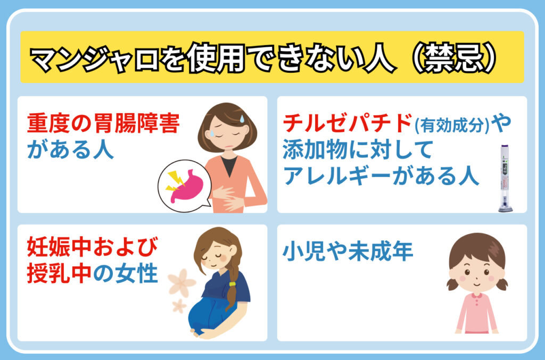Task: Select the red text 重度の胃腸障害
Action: click(103, 123)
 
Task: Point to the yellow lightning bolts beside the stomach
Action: click(175, 181)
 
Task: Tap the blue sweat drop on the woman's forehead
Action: click(242, 119)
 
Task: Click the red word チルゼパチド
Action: click(348, 123)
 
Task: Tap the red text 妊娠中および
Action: click(93, 247)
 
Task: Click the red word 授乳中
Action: click(60, 273)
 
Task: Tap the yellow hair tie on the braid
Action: click(232, 284)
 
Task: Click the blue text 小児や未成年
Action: click(348, 251)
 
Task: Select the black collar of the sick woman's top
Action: click(229, 165)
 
